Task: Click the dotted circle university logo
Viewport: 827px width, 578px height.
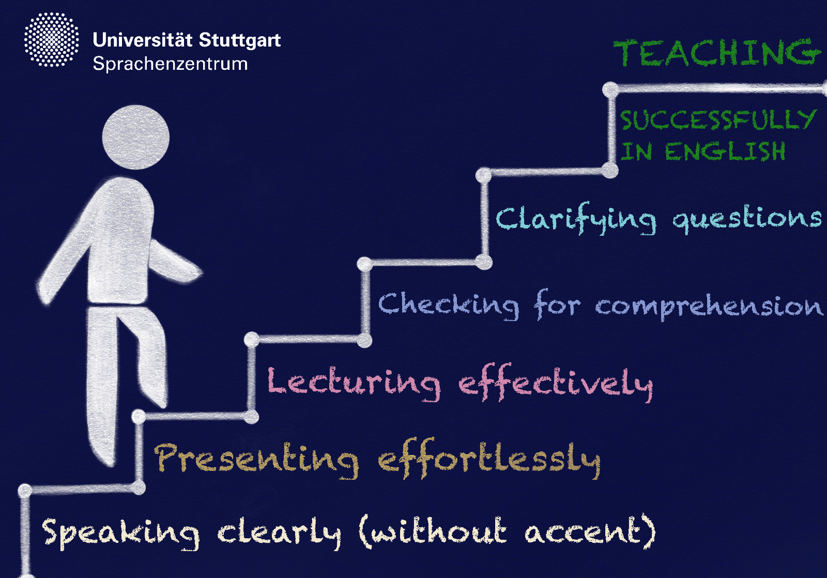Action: pyautogui.click(x=52, y=40)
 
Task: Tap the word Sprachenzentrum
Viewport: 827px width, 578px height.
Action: pyautogui.click(x=170, y=64)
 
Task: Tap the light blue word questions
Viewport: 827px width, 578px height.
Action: pyautogui.click(x=746, y=219)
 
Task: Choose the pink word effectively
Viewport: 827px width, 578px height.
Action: pyautogui.click(x=555, y=383)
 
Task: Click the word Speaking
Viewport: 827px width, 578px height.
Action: pyautogui.click(x=120, y=534)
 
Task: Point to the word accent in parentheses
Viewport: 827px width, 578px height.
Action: pyautogui.click(x=586, y=532)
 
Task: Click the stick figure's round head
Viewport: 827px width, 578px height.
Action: pyautogui.click(x=136, y=138)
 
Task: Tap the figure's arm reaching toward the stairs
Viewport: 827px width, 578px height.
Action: pyautogui.click(x=174, y=262)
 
